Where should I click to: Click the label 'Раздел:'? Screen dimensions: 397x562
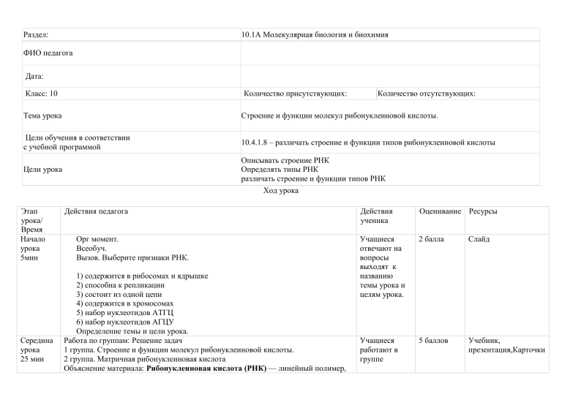click(x=36, y=34)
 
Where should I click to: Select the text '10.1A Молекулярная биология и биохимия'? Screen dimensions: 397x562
click(x=315, y=34)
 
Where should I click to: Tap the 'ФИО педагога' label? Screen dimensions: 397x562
click(x=48, y=53)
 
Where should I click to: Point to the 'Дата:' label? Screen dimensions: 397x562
click(x=34, y=76)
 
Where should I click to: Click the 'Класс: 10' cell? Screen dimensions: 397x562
click(x=42, y=94)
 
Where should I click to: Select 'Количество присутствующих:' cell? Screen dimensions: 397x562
click(x=295, y=94)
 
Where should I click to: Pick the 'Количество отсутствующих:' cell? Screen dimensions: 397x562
click(x=427, y=94)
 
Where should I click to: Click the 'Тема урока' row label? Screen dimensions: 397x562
click(x=42, y=116)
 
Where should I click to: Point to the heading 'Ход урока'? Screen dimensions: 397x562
click(x=280, y=192)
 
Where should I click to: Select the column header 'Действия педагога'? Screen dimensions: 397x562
click(x=96, y=211)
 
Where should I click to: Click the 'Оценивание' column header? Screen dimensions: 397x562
click(x=441, y=211)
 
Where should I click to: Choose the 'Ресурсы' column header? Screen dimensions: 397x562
click(x=483, y=211)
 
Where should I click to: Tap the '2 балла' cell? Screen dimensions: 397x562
click(x=431, y=239)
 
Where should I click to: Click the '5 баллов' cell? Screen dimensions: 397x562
click(x=433, y=340)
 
